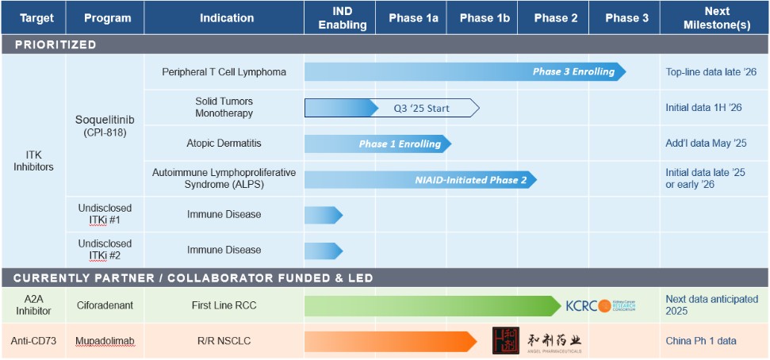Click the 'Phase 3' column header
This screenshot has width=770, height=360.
pyautogui.click(x=626, y=17)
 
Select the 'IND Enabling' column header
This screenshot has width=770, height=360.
pyautogui.click(x=343, y=17)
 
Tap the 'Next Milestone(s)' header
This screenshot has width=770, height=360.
pyautogui.click(x=717, y=17)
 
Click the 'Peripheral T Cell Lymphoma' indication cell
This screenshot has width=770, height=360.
pyautogui.click(x=224, y=72)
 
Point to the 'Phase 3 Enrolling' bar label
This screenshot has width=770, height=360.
pyautogui.click(x=573, y=72)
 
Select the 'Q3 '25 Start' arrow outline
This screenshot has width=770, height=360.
pyautogui.click(x=428, y=108)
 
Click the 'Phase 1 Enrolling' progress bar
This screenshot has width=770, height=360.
pyautogui.click(x=377, y=144)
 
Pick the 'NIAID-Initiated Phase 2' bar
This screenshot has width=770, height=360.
pyautogui.click(x=420, y=179)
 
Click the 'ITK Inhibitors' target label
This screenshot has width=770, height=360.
pyautogui.click(x=33, y=160)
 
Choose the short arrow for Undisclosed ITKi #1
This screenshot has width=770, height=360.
pyautogui.click(x=323, y=215)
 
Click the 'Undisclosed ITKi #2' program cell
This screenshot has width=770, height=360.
pyautogui.click(x=105, y=249)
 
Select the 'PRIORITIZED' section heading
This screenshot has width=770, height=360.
pyautogui.click(x=56, y=44)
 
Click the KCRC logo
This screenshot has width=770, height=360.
pyautogui.click(x=600, y=306)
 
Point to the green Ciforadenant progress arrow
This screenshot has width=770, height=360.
pyautogui.click(x=432, y=306)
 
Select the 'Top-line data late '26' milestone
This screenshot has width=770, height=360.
pyautogui.click(x=711, y=72)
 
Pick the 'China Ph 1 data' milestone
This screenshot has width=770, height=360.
pyautogui.click(x=701, y=341)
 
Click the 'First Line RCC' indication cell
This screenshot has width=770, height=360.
pyautogui.click(x=224, y=306)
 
